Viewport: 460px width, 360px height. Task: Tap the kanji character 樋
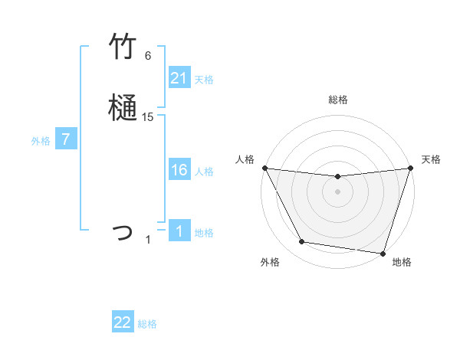click(x=123, y=109)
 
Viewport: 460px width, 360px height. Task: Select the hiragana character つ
click(x=123, y=231)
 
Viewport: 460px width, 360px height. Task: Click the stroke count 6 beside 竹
click(x=148, y=56)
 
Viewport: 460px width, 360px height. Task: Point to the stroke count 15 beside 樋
click(x=148, y=117)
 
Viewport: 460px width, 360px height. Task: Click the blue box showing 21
click(x=179, y=78)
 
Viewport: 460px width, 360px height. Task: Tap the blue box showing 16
click(x=179, y=171)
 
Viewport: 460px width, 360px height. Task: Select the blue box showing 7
click(x=66, y=140)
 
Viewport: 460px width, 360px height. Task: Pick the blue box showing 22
click(x=123, y=322)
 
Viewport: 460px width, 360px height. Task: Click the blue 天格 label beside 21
click(x=204, y=80)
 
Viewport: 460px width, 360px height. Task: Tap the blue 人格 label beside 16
click(x=204, y=172)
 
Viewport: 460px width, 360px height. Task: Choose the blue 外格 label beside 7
click(x=41, y=141)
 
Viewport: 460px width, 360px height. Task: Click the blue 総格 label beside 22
click(x=147, y=324)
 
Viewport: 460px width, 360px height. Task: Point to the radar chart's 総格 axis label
click(x=338, y=100)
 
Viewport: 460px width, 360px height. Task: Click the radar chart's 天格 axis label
click(x=431, y=159)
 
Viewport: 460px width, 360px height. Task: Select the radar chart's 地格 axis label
click(x=402, y=262)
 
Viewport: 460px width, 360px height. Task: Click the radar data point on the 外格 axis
click(x=302, y=242)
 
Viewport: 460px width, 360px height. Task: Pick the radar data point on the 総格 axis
click(x=338, y=177)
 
